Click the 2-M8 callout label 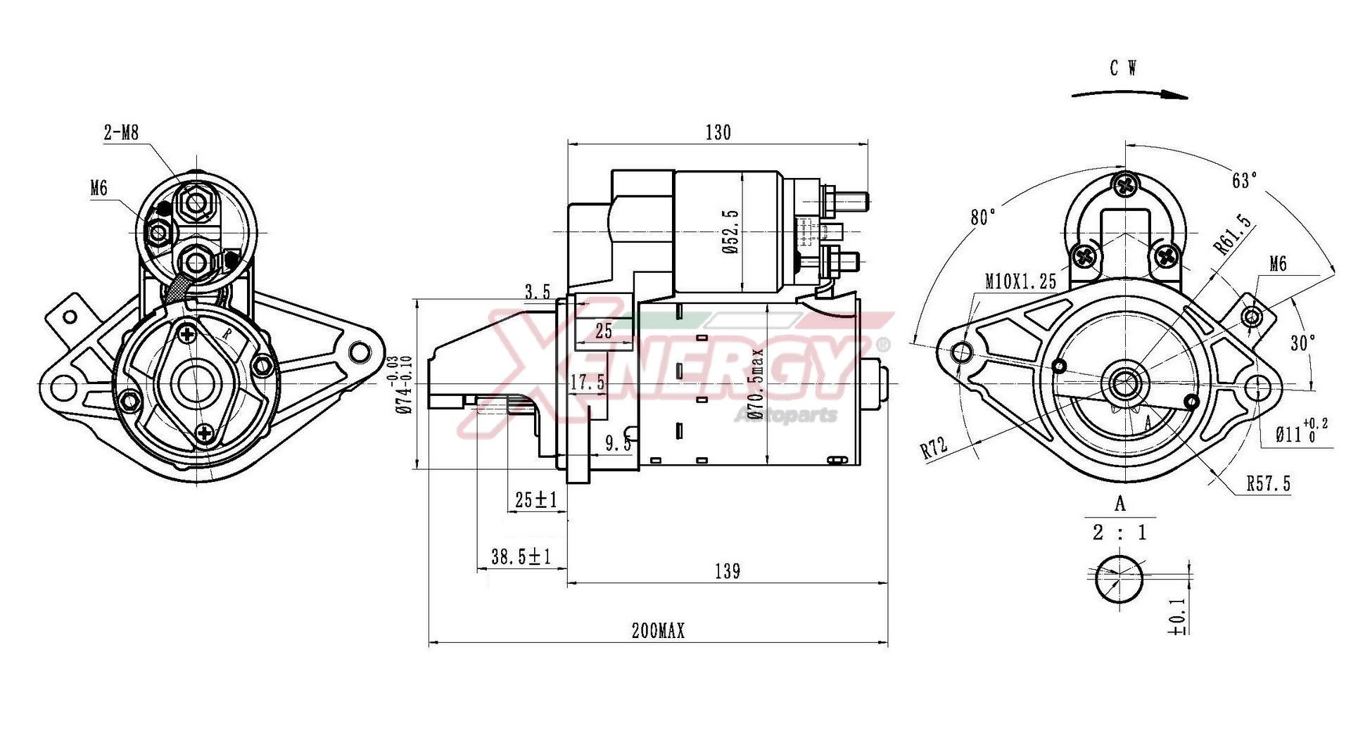click(121, 132)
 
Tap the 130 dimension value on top click(718, 133)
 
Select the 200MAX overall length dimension click(658, 631)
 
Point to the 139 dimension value click(727, 571)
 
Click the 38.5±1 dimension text click(521, 557)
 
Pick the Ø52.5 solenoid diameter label click(730, 231)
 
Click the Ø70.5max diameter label click(756, 383)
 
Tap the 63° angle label click(1244, 180)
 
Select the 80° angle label click(983, 217)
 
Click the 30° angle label click(1302, 343)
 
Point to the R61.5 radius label click(1233, 234)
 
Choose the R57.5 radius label click(1268, 484)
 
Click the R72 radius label click(934, 447)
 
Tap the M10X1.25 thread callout click(1020, 282)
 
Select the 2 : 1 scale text click(1120, 532)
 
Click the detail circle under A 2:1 click(1119, 578)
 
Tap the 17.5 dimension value click(587, 383)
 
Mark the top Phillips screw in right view click(1125, 185)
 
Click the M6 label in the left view click(99, 188)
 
